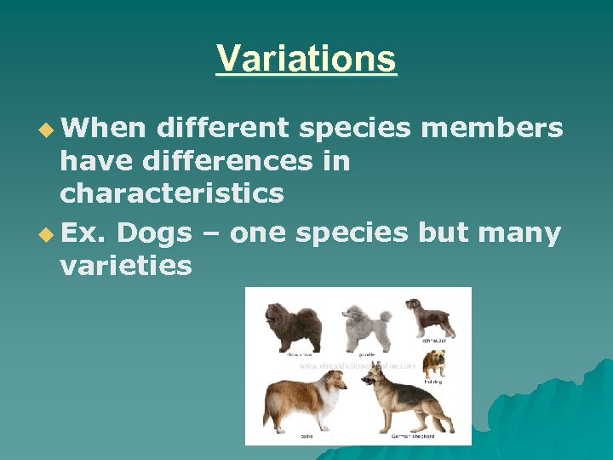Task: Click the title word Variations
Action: pyautogui.click(x=306, y=59)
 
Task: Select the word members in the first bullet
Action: pyautogui.click(x=492, y=128)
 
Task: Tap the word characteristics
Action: pyautogui.click(x=171, y=193)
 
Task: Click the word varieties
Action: pyautogui.click(x=126, y=266)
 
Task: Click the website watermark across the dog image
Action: pyautogui.click(x=358, y=365)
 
